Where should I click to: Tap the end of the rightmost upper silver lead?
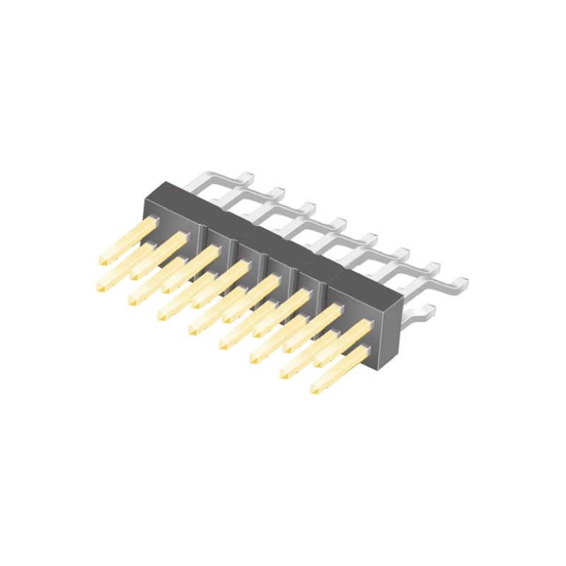[x=463, y=282]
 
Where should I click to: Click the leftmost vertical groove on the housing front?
[x=206, y=241]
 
